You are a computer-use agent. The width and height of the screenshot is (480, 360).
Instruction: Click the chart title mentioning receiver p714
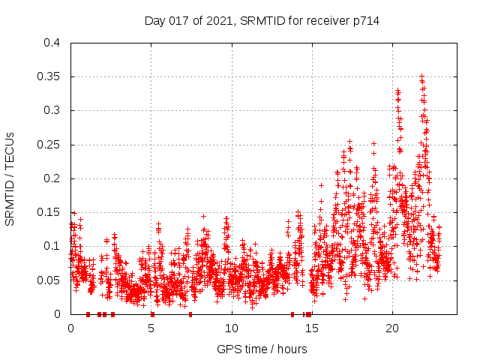(262, 21)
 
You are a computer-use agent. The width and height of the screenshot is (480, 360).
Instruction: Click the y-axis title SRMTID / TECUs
(10, 178)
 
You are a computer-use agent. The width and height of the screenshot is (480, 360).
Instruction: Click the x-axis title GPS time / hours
(262, 349)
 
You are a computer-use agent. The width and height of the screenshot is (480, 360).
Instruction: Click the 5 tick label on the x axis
(151, 328)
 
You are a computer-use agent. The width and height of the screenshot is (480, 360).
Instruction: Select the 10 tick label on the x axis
(232, 328)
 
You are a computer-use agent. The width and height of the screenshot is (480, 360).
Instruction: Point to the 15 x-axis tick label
(312, 328)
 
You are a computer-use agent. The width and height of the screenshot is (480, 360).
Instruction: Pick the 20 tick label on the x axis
(392, 328)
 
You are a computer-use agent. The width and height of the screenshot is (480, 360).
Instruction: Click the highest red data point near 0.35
(421, 76)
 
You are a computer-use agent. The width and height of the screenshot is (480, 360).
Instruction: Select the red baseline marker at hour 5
(152, 314)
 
